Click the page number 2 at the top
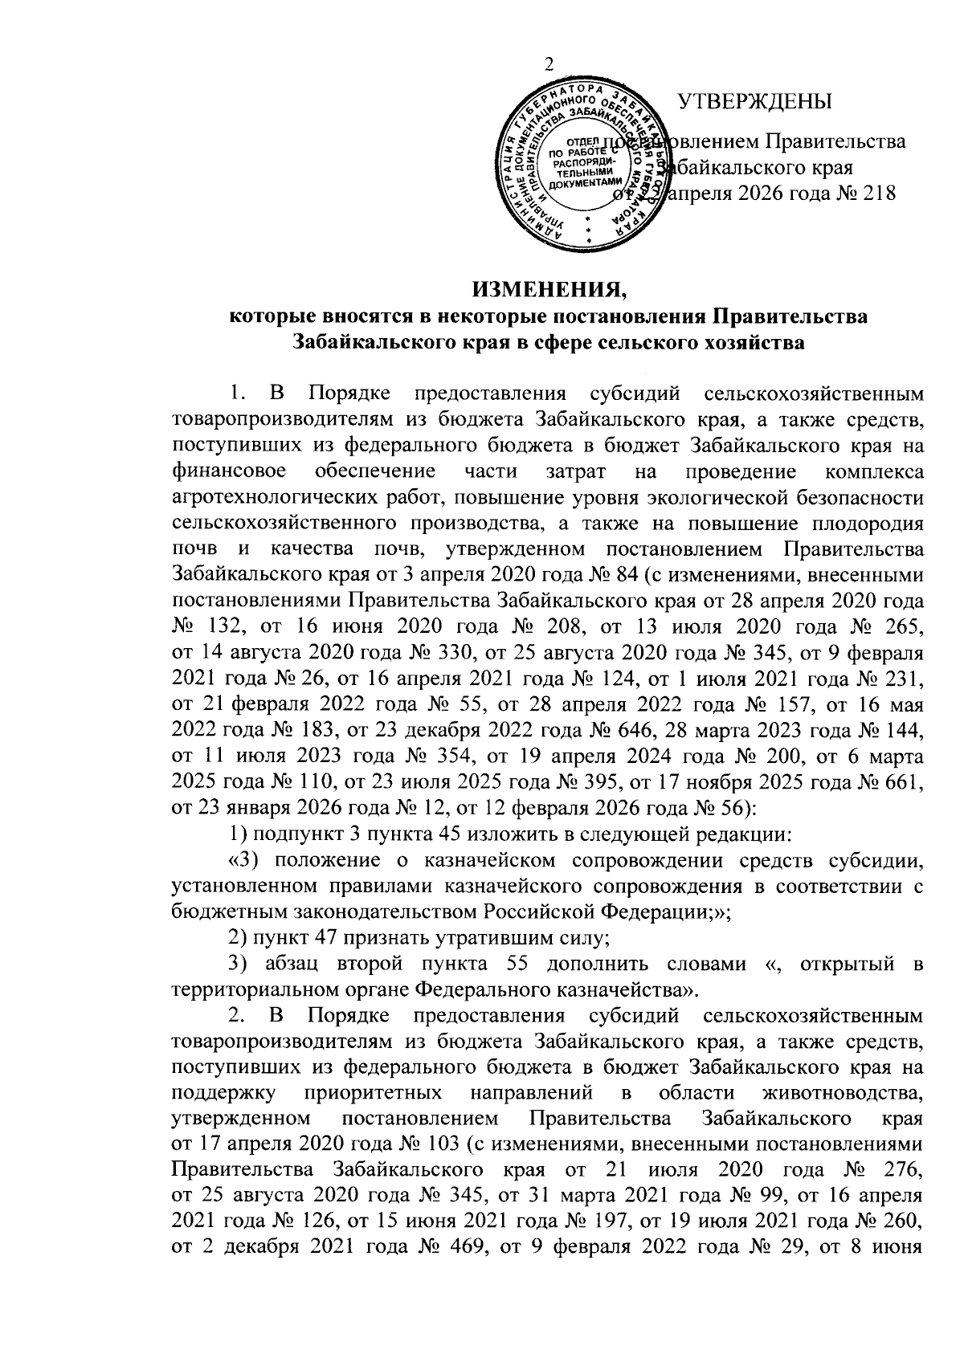[549, 66]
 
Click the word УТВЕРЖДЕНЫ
[755, 103]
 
